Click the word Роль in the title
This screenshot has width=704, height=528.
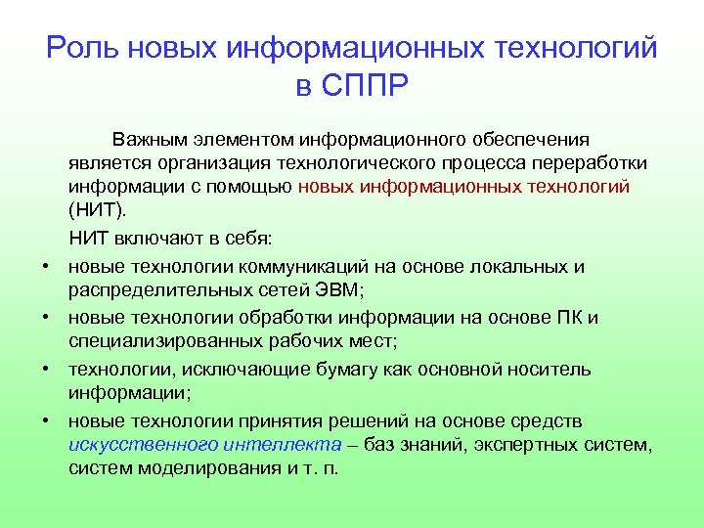click(82, 49)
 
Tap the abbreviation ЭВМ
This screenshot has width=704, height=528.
click(337, 289)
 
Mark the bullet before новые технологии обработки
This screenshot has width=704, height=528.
click(46, 319)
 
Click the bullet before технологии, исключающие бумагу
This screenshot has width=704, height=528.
click(46, 371)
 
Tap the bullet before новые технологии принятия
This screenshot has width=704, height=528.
click(46, 421)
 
